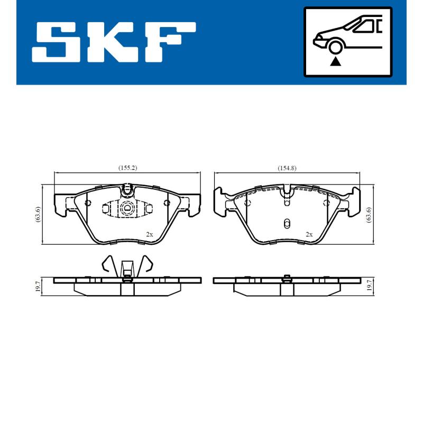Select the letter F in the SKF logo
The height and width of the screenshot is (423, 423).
(x=169, y=42)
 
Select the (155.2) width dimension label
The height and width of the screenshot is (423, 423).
(x=127, y=168)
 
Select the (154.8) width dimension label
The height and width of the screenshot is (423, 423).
(x=287, y=168)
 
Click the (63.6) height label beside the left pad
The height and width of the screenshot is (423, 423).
(x=38, y=214)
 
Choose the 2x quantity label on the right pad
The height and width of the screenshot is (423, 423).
(x=309, y=234)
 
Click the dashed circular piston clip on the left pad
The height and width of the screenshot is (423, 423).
(x=127, y=209)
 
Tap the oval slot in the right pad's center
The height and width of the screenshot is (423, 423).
(x=286, y=223)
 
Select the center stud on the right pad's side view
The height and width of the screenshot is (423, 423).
(x=286, y=277)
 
